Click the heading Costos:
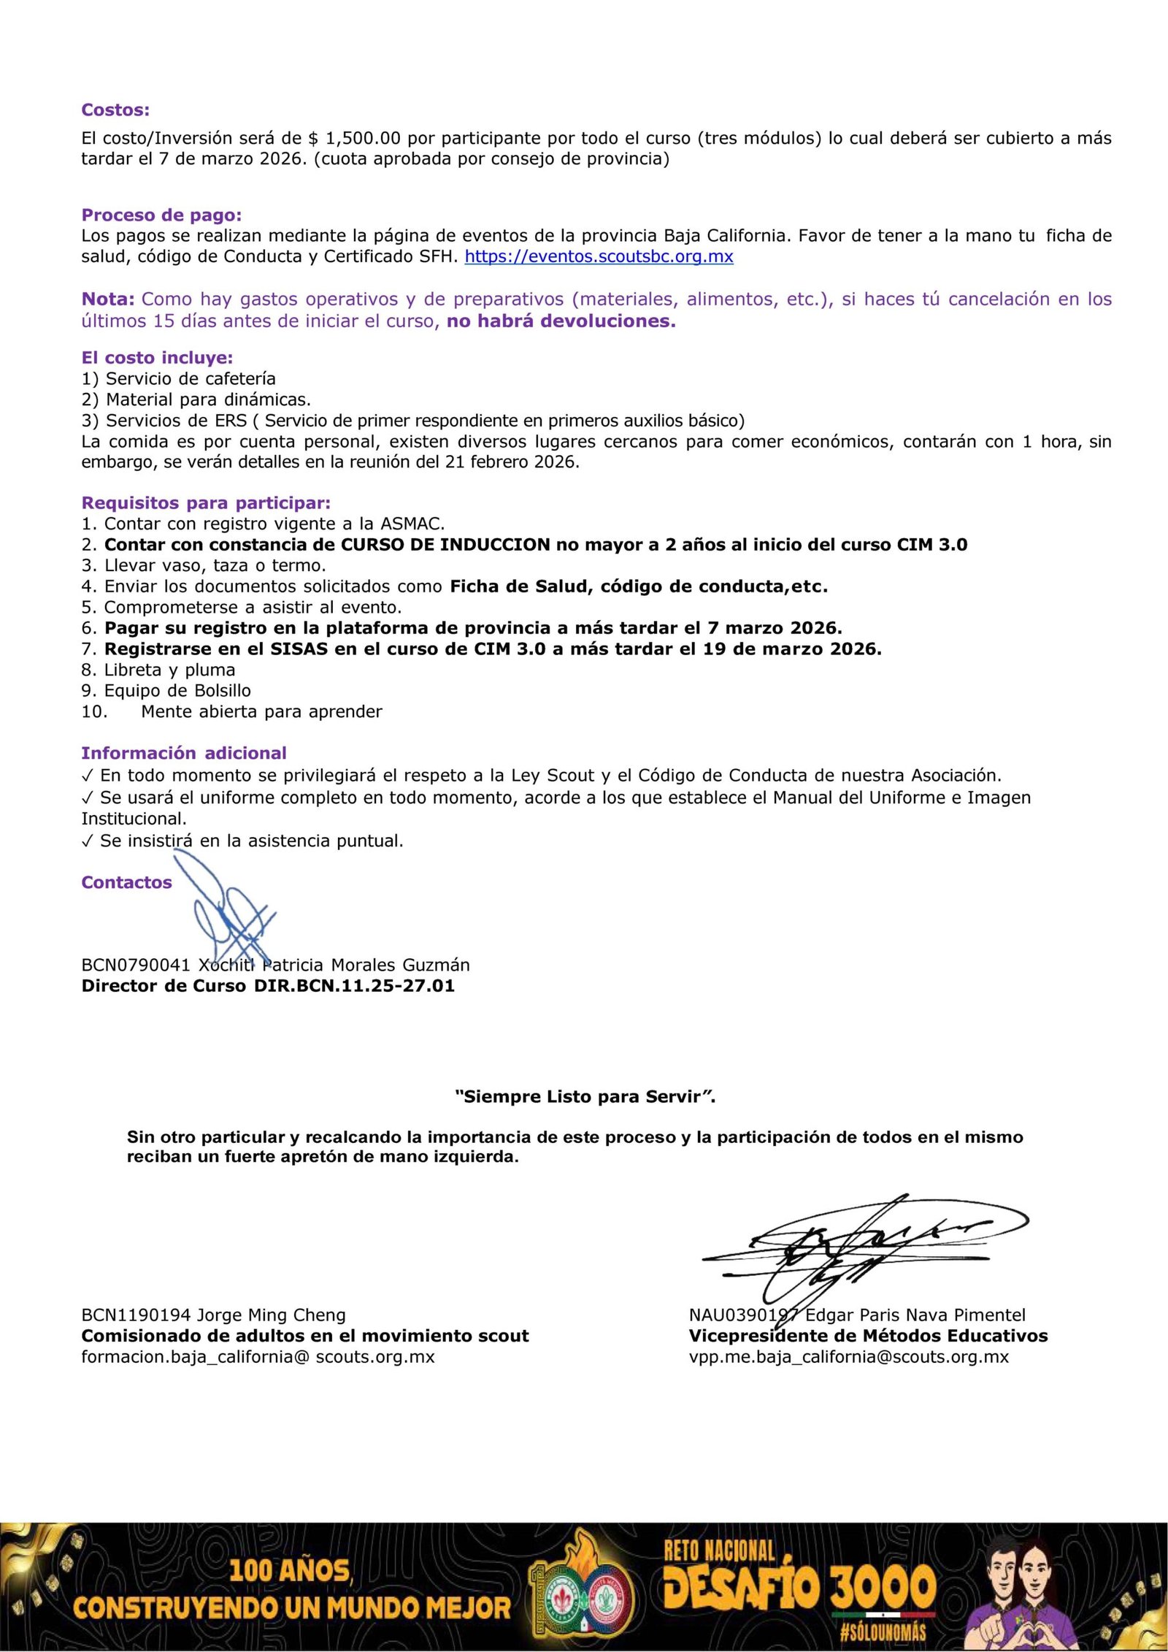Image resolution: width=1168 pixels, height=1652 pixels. point(115,110)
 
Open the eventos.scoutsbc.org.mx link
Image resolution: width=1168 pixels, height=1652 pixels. point(599,256)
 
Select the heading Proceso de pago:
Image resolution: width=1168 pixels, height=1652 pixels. point(161,215)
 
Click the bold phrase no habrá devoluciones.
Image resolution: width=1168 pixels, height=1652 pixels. point(561,321)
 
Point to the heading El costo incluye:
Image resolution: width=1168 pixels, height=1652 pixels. point(157,357)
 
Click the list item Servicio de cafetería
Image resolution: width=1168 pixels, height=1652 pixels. point(191,378)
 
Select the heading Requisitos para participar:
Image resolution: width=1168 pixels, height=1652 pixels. point(206,502)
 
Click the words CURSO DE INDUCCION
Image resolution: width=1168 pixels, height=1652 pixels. point(445,545)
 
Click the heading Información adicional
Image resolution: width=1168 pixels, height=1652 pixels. point(183,753)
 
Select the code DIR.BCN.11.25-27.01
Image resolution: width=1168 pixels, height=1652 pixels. point(354,986)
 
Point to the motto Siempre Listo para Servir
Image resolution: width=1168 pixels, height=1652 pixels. point(585,1096)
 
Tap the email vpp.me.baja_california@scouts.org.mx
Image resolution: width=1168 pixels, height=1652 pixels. point(848,1357)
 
